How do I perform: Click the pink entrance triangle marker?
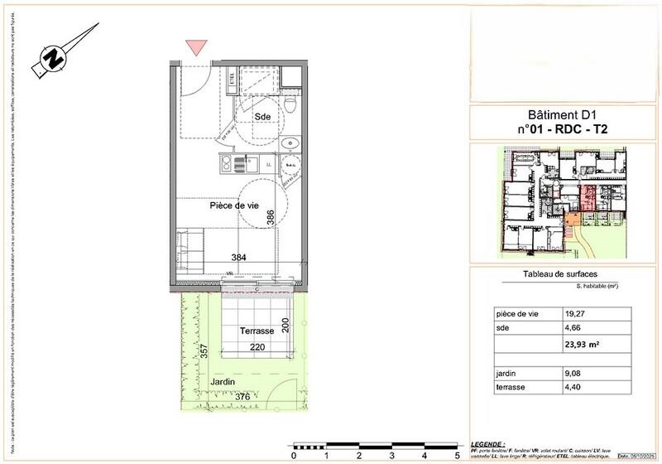(x=195, y=46)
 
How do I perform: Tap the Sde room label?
(x=263, y=116)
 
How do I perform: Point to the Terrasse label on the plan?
(x=257, y=331)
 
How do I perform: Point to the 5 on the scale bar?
(x=456, y=455)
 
